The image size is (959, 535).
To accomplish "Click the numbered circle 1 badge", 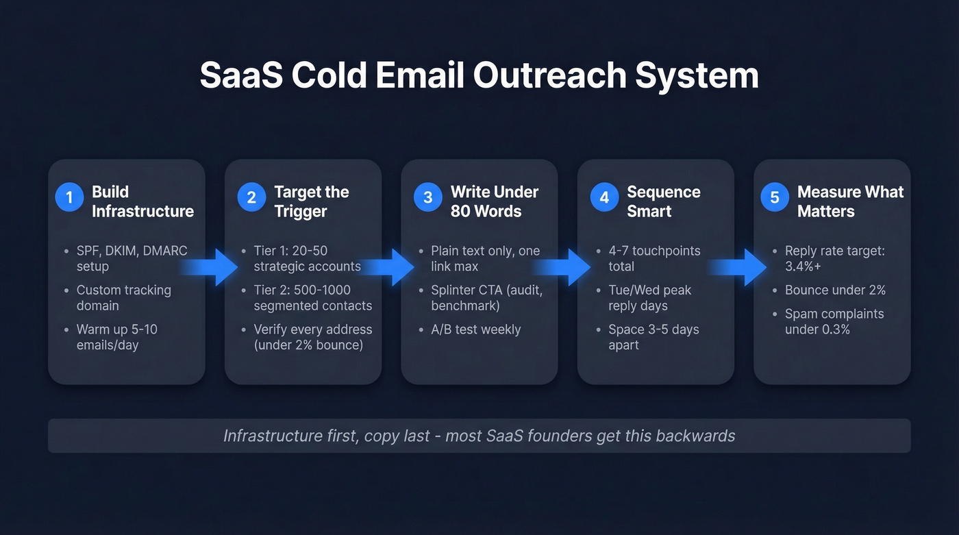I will pyautogui.click(x=69, y=198).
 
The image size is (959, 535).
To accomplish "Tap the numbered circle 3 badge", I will pyautogui.click(x=427, y=198).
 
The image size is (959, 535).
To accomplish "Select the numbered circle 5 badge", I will pyautogui.click(x=775, y=198).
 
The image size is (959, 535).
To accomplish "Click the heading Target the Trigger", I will pyautogui.click(x=311, y=201).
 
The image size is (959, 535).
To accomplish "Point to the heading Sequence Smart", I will pyautogui.click(x=663, y=201).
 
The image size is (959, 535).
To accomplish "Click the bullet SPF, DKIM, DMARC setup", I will pyautogui.click(x=131, y=258).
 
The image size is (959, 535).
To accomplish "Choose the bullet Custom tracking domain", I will pyautogui.click(x=123, y=297).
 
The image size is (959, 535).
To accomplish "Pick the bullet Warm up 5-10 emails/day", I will pyautogui.click(x=116, y=337).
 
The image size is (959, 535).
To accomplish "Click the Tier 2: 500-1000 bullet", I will pyautogui.click(x=312, y=297).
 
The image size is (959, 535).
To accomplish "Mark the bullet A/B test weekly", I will pyautogui.click(x=475, y=329).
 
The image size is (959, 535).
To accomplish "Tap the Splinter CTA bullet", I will pyautogui.click(x=486, y=297).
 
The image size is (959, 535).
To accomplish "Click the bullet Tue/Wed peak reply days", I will pyautogui.click(x=649, y=297).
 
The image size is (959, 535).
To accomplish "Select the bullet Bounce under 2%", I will pyautogui.click(x=835, y=290).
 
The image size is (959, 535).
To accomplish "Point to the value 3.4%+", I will pyautogui.click(x=803, y=266).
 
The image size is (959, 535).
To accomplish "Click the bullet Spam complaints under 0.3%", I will pyautogui.click(x=834, y=321).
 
